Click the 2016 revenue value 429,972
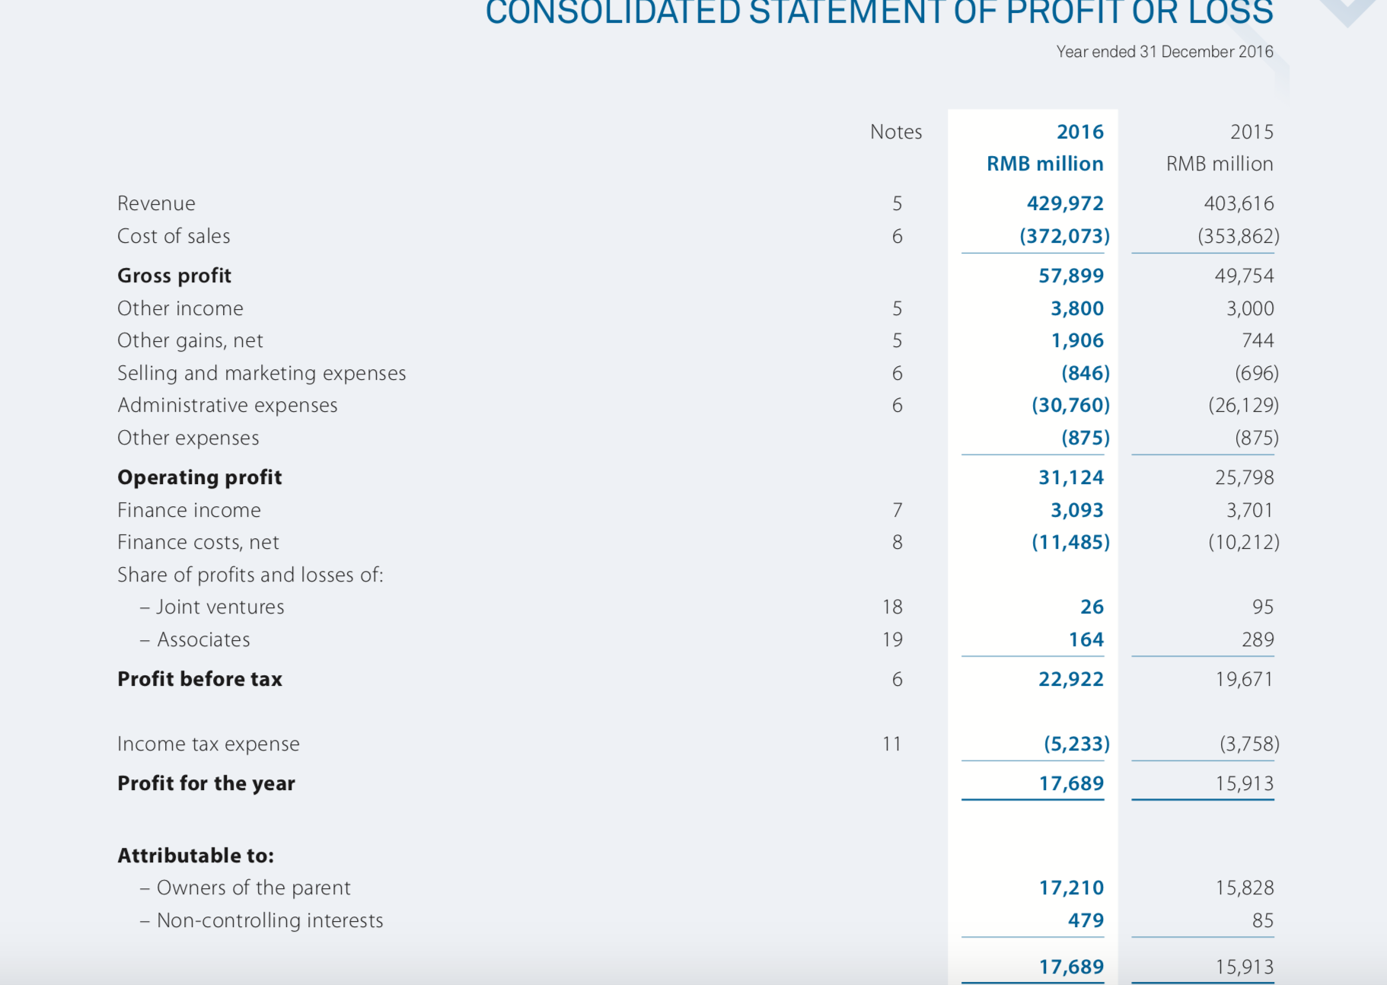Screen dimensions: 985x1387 (x=1064, y=203)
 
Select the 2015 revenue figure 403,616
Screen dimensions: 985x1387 (x=1238, y=203)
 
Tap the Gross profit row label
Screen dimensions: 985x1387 (x=174, y=276)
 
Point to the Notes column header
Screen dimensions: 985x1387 (x=896, y=132)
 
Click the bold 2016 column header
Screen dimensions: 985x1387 (x=1079, y=132)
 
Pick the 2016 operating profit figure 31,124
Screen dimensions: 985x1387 (x=1070, y=477)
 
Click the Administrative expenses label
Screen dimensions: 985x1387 (x=228, y=405)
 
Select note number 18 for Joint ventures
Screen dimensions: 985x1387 (x=892, y=607)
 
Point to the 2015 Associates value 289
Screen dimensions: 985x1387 (x=1257, y=639)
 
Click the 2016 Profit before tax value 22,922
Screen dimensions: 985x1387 (x=1070, y=679)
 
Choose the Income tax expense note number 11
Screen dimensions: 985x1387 (x=891, y=744)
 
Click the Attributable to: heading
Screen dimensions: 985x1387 (x=196, y=856)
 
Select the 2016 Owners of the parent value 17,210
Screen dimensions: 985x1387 (x=1071, y=888)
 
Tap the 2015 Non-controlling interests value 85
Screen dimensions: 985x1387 (x=1262, y=920)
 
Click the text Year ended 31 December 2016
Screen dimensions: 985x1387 (x=1164, y=52)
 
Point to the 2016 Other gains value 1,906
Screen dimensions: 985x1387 (x=1076, y=340)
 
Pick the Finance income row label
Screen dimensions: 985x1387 (x=189, y=510)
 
